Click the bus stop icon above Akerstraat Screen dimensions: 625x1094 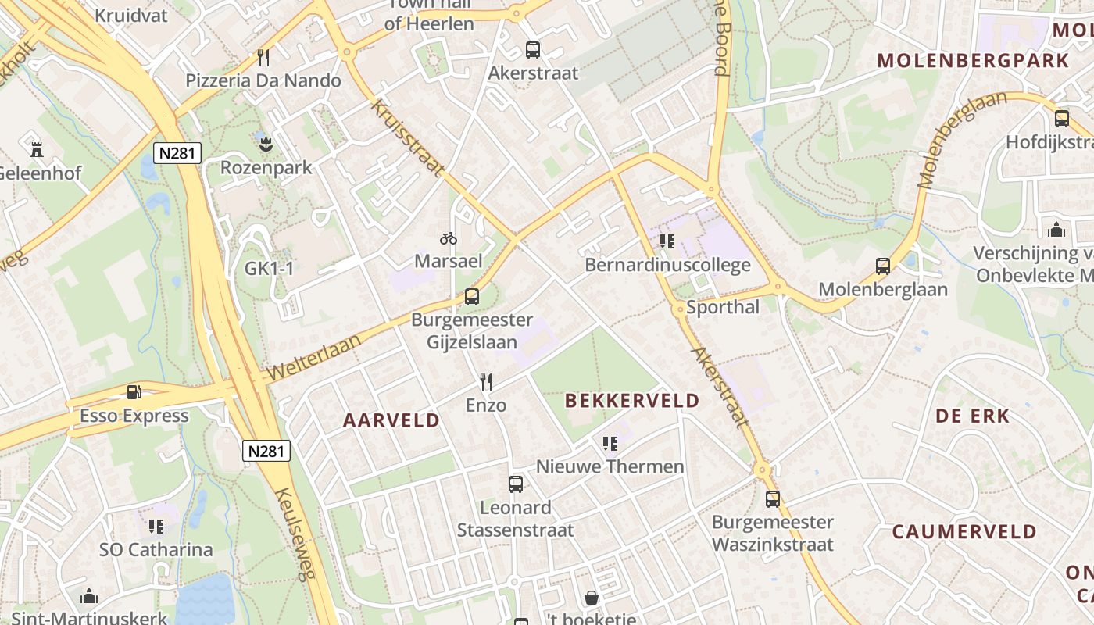click(533, 50)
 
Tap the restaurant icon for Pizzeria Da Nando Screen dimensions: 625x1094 click(263, 58)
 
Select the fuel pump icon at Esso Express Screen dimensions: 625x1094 click(134, 392)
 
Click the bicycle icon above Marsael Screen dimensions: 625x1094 click(448, 238)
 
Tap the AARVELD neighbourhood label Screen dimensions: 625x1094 click(391, 420)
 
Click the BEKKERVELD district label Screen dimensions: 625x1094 click(632, 401)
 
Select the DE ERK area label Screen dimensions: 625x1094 click(973, 416)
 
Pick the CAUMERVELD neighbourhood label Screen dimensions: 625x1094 click(964, 532)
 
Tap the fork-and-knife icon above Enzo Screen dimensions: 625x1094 click(486, 382)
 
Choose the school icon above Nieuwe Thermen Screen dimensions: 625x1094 click(610, 444)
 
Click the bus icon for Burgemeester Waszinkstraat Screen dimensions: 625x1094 click(773, 498)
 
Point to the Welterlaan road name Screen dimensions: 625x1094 click(316, 357)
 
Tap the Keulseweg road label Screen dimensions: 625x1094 click(295, 534)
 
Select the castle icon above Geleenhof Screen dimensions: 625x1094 click(36, 149)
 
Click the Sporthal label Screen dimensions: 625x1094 click(723, 307)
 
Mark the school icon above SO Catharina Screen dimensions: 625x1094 click(156, 527)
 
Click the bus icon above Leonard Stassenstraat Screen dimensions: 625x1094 click(516, 484)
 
